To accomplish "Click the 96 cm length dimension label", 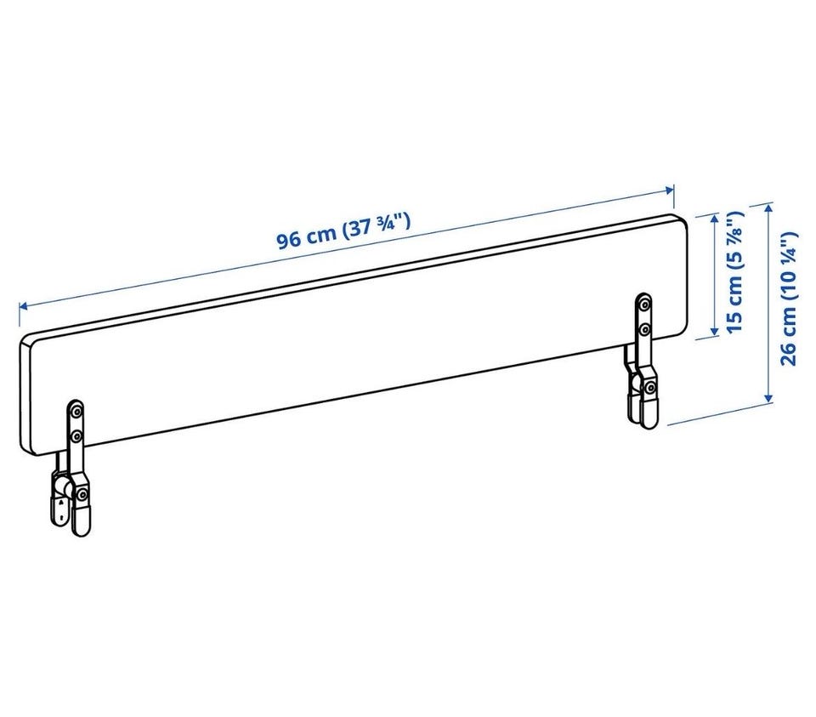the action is coord(343,231).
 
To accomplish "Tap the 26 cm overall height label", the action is coord(789,299).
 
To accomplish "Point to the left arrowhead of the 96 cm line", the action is coord(24,307).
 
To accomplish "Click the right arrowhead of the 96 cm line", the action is coord(669,190).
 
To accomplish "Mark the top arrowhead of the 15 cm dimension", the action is coord(716,219).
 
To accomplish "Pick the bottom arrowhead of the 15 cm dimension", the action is coord(716,330).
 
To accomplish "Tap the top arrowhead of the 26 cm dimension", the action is coord(768,208).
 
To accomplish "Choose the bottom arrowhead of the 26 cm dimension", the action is coord(768,396).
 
